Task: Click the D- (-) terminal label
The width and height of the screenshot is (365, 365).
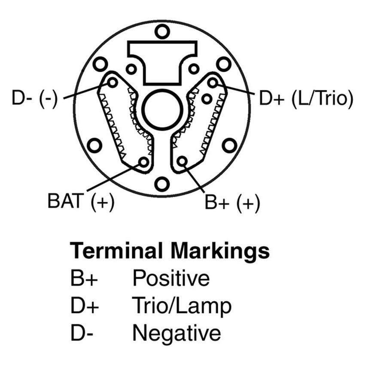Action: point(35,98)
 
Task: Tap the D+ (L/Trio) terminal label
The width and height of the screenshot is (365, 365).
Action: point(305,98)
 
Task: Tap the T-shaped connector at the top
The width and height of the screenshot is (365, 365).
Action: point(162,60)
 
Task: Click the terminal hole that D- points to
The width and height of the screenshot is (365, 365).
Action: point(113,82)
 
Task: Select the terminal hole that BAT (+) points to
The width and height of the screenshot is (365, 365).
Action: point(143,162)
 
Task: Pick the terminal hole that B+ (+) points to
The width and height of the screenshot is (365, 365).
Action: point(182,161)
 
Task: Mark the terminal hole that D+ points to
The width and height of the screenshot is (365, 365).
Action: point(213,82)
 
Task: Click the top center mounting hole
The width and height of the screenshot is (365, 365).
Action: point(162,31)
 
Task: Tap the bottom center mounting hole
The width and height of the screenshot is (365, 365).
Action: point(162,184)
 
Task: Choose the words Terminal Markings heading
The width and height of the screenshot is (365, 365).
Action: point(170,250)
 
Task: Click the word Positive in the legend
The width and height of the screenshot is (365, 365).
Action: point(171,278)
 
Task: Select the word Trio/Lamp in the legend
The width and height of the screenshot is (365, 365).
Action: point(182,306)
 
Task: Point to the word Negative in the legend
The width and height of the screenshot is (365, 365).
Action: point(176,333)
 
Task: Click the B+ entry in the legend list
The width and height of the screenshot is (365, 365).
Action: point(85,279)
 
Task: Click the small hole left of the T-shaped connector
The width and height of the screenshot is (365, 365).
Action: point(131,68)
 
